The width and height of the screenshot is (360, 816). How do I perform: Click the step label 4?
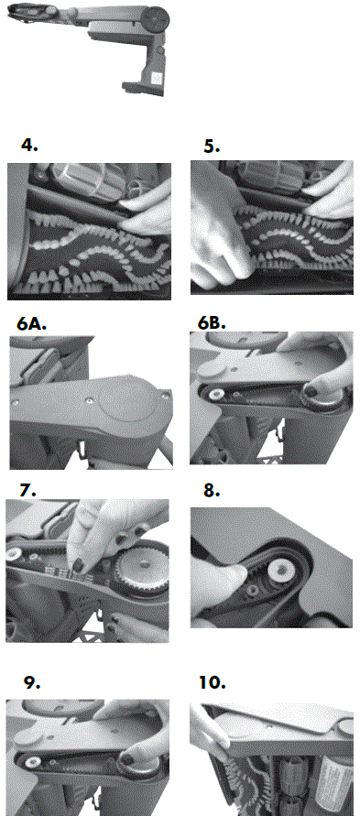point(29,146)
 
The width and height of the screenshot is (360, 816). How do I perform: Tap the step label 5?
point(212,147)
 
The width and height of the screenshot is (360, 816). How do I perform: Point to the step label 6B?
point(212,323)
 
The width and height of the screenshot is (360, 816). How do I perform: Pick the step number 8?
point(212,490)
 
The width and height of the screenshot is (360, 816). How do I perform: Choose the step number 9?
point(33,683)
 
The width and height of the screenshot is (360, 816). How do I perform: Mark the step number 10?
point(213,682)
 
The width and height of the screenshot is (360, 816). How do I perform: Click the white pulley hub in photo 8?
point(281,571)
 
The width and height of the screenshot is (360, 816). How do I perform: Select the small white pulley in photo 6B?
point(214,394)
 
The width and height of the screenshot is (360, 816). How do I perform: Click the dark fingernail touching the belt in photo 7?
point(83,564)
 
